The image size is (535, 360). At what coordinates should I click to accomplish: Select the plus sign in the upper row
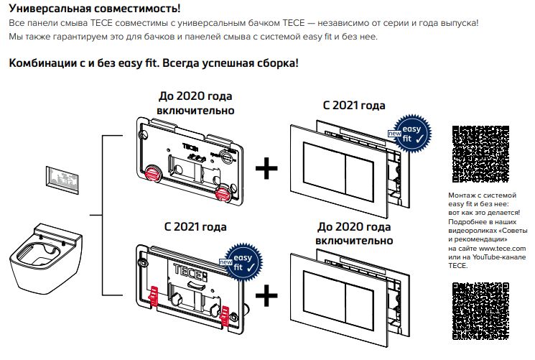(x=266, y=168)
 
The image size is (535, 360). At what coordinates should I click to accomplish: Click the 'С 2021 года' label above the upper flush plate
(x=354, y=105)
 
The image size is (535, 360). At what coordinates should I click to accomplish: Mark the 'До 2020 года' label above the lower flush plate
(x=355, y=228)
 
